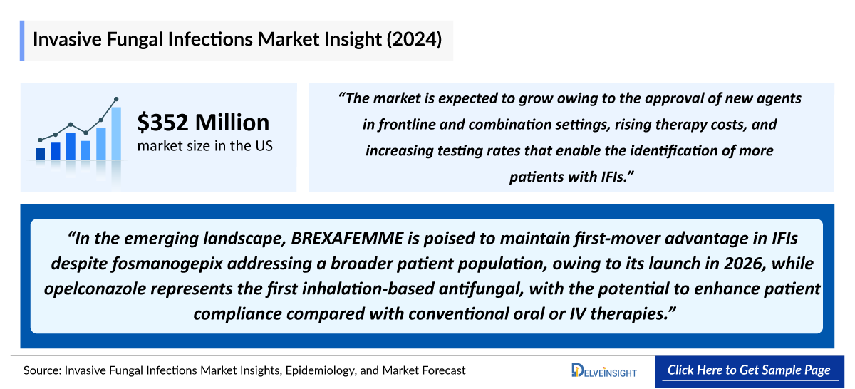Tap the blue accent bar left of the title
coord(22,41)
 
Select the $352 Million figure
coord(203,123)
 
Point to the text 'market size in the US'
coord(204,146)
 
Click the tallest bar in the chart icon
coord(116,133)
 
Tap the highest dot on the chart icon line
coord(116,99)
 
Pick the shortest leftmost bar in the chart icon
coord(40,153)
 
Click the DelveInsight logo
coord(604,370)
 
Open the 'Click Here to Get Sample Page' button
coord(749,370)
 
